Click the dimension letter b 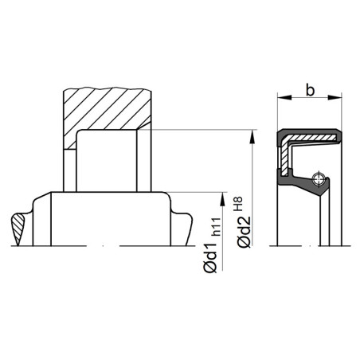coord(310,90)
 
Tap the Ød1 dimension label coord(210,258)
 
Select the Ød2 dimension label coord(244,232)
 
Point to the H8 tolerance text coord(238,204)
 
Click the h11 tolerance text coord(216,227)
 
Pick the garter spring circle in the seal coord(318,178)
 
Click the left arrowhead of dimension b coord(284,97)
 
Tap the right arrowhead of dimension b coord(335,97)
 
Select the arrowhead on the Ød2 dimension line coord(252,137)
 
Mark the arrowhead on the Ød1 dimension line coord(222,199)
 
